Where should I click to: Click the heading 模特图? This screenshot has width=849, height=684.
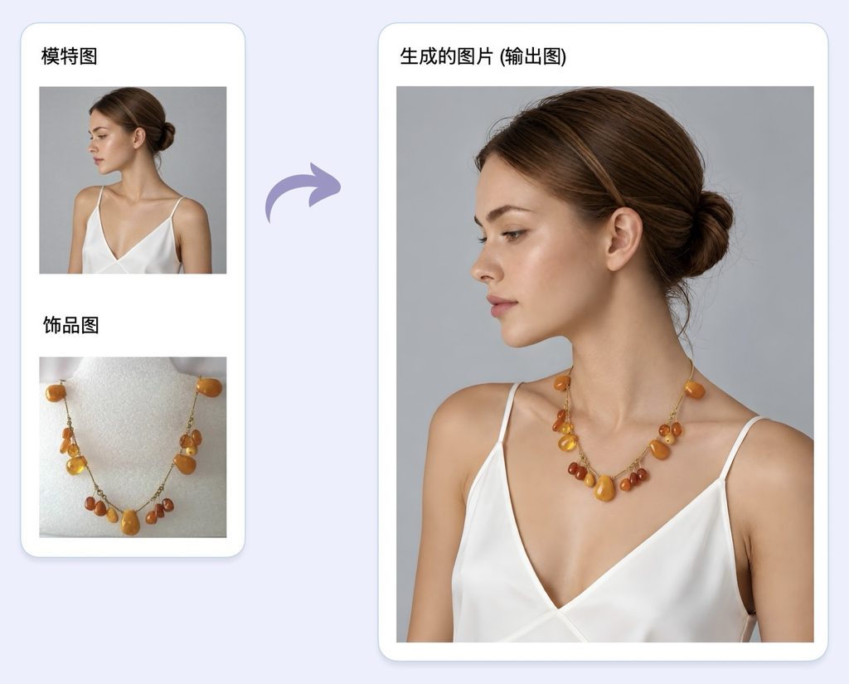tap(70, 56)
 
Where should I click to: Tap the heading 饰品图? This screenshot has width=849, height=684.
tap(71, 326)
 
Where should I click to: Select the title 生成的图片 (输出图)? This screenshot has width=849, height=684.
tap(483, 56)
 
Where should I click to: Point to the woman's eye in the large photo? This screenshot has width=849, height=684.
tap(514, 235)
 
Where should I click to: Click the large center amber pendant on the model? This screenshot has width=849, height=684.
tap(604, 488)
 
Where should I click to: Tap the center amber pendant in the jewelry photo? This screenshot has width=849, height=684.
tap(130, 522)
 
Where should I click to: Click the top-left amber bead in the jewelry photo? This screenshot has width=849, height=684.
tap(56, 392)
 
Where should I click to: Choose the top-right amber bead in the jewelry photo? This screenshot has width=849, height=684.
tap(209, 386)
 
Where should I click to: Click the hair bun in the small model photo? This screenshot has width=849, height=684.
tap(165, 137)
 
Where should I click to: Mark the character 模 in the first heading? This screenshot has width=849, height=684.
tap(51, 56)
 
